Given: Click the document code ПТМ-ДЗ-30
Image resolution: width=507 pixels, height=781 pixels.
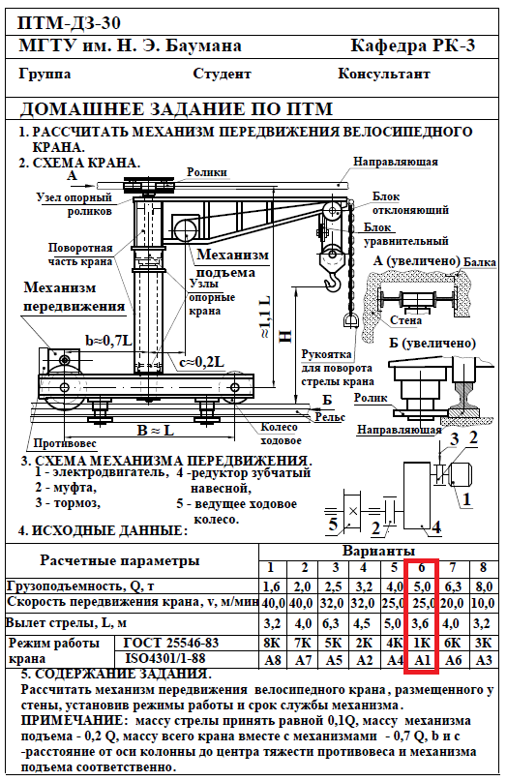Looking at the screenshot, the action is (70, 23).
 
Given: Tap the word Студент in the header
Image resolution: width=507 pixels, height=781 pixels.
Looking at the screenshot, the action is (222, 75).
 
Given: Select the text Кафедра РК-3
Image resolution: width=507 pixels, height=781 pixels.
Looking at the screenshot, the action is (413, 45).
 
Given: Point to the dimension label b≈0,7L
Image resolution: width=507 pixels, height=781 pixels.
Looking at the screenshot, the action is (108, 342).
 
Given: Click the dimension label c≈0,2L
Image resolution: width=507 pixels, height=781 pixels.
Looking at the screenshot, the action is (201, 362).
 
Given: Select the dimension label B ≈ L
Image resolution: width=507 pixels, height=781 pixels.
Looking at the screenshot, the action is (156, 430).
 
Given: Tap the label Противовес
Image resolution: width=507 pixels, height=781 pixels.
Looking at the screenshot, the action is (65, 443).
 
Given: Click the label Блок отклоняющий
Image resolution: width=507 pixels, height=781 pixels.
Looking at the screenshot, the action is (410, 203).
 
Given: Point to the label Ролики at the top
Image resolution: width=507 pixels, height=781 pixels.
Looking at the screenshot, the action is (207, 172).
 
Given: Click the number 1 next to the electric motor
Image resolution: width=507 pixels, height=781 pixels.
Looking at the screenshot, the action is (466, 498).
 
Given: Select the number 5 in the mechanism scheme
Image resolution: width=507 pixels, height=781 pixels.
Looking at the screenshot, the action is (333, 525).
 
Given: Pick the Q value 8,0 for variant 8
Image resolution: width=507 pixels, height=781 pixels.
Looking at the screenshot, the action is (484, 586).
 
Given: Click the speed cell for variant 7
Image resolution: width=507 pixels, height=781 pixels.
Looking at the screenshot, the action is (452, 603).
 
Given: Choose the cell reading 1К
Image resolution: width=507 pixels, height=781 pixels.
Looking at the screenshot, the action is (422, 643).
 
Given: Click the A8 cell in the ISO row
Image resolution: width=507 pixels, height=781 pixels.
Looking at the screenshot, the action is (273, 660).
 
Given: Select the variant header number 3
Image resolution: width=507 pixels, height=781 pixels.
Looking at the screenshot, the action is (335, 568).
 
